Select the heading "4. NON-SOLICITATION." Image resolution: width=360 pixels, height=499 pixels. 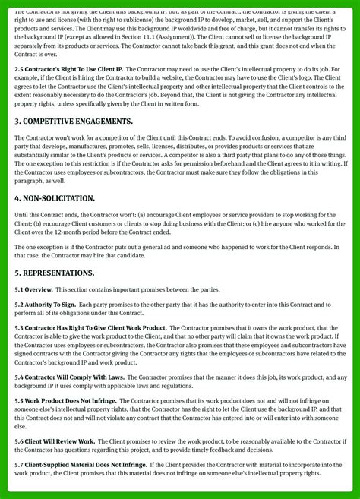(55, 198)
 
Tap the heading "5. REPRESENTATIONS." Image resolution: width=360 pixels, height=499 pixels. (55, 273)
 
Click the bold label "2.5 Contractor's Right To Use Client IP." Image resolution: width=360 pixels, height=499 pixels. (68, 70)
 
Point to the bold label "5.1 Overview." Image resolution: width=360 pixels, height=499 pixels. (33, 290)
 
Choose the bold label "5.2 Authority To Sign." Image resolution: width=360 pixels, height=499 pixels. (45, 305)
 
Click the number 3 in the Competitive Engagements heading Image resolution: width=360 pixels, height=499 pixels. (17, 122)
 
